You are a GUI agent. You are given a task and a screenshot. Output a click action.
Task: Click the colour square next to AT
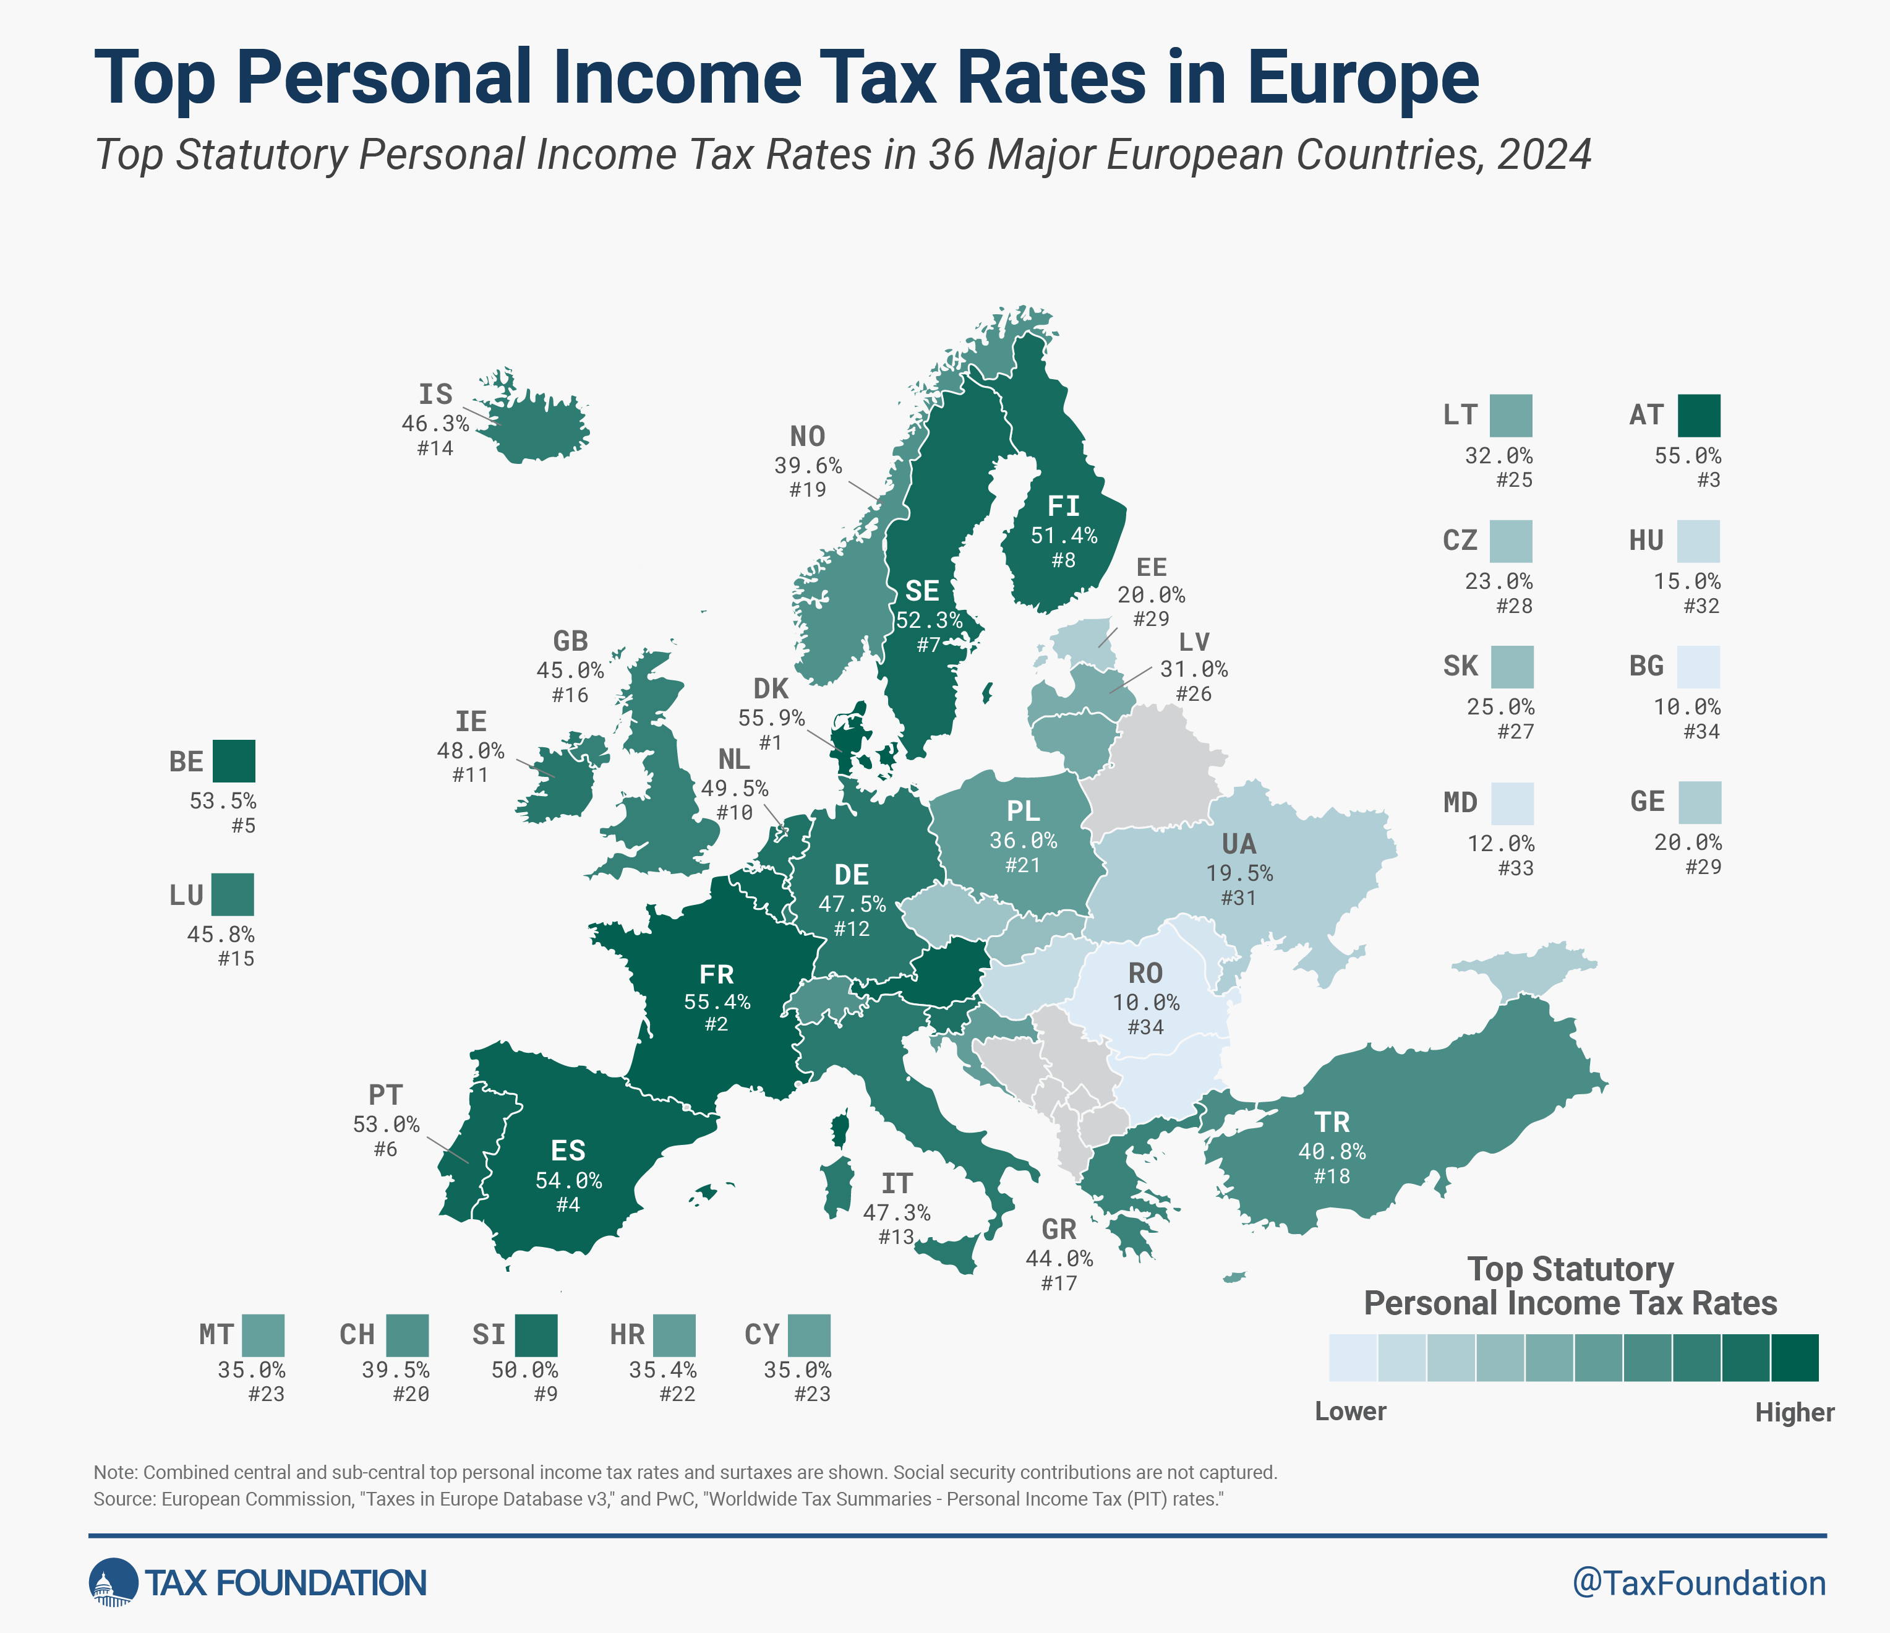[x=1698, y=416]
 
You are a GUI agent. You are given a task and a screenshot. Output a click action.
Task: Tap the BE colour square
[x=234, y=761]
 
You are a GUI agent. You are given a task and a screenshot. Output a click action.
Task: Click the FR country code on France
[x=716, y=974]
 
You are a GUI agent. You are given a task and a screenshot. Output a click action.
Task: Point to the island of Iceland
[x=538, y=429]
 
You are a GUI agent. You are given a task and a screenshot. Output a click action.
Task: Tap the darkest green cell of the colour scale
[x=1794, y=1358]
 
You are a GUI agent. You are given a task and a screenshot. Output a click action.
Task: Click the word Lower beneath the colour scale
[x=1350, y=1412]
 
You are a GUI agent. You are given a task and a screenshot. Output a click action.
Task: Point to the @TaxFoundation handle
[x=1698, y=1583]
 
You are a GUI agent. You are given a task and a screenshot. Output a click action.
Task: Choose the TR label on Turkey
[x=1332, y=1122]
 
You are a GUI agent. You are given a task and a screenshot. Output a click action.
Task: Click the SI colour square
[x=536, y=1335]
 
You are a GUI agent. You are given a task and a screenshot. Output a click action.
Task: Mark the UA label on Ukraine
[x=1239, y=844]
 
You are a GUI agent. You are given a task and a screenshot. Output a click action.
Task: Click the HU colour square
[x=1698, y=541]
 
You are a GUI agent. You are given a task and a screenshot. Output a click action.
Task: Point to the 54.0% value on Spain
[x=568, y=1180]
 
